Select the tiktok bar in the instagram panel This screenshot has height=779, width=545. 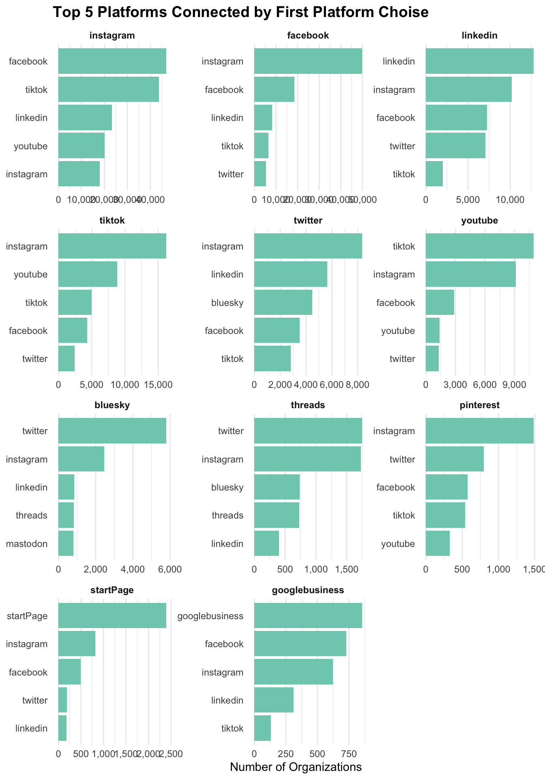[x=108, y=89]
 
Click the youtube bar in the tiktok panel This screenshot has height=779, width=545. [x=88, y=274]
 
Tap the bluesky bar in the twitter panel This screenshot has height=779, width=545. [x=283, y=302]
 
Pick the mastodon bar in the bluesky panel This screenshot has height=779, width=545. [x=66, y=543]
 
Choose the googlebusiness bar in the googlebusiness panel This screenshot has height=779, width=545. [x=308, y=615]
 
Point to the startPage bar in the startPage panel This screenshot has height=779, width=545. [x=112, y=615]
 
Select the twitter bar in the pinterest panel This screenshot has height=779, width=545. [x=455, y=459]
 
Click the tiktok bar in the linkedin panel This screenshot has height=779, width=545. [x=434, y=174]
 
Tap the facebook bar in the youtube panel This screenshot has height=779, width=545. [x=440, y=302]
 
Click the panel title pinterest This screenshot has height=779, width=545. [x=479, y=405]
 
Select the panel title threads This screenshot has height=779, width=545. [x=308, y=405]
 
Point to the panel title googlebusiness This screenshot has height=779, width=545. [x=308, y=590]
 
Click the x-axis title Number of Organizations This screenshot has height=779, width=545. [x=296, y=767]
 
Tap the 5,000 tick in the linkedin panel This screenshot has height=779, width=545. [x=468, y=200]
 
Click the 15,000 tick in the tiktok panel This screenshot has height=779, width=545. [x=158, y=384]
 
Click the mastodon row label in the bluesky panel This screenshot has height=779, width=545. [x=27, y=544]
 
